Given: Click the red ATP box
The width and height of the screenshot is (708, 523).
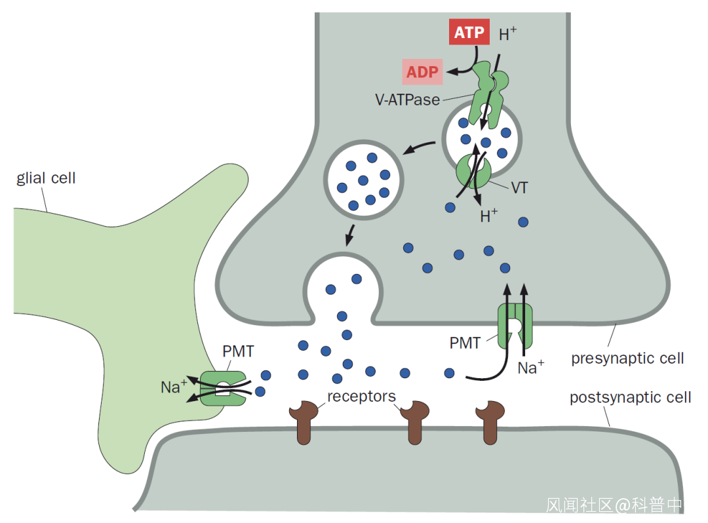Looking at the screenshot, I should pos(469,32).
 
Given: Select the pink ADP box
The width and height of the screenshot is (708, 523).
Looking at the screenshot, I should pos(422,71).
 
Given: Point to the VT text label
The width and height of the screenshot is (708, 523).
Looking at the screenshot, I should pos(520,187).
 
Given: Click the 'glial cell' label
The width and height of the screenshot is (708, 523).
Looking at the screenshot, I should pos(46,178).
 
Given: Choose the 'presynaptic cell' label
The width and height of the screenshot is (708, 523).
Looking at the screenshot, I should pos(627,358).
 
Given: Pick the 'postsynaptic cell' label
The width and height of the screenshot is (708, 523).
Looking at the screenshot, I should pos(630,397).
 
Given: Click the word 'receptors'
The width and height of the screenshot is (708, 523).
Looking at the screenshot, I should pos(361,396).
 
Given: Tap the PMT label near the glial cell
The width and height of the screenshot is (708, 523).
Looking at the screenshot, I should pos(238,351).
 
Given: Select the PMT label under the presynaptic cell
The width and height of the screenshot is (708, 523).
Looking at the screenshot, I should pos(465,342).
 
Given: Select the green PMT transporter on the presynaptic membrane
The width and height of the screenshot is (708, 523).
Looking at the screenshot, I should pos(515,324).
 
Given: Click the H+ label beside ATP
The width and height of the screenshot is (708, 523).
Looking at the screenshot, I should pos(508,35).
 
